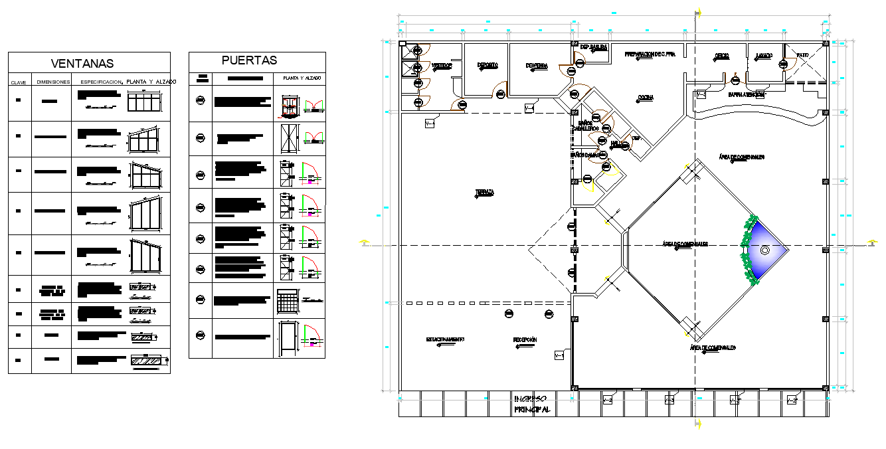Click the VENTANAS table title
pyautogui.click(x=82, y=64)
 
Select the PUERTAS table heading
pyautogui.click(x=249, y=60)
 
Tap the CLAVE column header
pyautogui.click(x=18, y=82)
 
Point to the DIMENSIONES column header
pyautogui.click(x=53, y=82)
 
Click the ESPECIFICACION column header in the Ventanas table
pyautogui.click(x=101, y=82)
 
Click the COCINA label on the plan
pyautogui.click(x=645, y=98)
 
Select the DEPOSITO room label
pyautogui.click(x=487, y=64)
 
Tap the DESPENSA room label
pyautogui.click(x=536, y=65)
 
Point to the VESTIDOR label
pyautogui.click(x=441, y=66)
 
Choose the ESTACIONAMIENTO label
pyautogui.click(x=444, y=339)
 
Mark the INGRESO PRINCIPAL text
pyautogui.click(x=529, y=404)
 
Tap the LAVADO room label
pyautogui.click(x=763, y=56)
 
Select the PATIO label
pyautogui.click(x=802, y=56)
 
